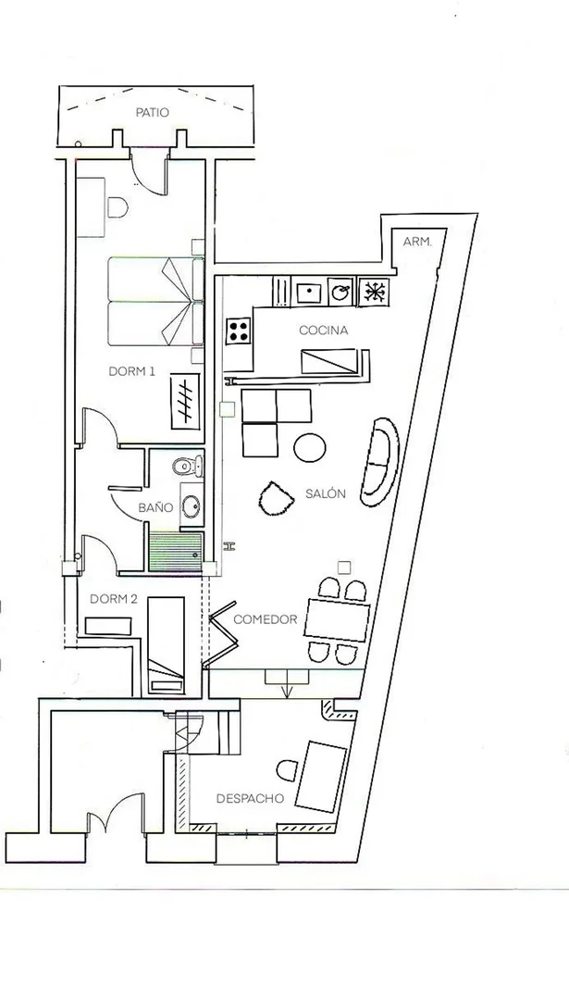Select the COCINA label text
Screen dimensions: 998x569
[x=323, y=331]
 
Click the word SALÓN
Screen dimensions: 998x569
[x=325, y=493]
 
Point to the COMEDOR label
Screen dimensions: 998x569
[x=265, y=619]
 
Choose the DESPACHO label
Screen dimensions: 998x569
[x=250, y=798]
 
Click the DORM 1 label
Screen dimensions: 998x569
[x=131, y=371]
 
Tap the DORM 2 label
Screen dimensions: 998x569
[x=114, y=599]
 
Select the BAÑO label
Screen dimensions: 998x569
[x=155, y=507]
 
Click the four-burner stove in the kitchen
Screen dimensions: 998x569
[x=239, y=331]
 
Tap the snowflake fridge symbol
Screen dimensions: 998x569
[x=375, y=292]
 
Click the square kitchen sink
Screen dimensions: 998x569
[x=307, y=293]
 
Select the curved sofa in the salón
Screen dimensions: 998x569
[x=381, y=460]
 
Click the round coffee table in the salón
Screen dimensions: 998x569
[x=310, y=448]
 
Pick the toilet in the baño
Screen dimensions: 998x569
[x=189, y=463]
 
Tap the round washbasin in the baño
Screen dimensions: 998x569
[x=192, y=506]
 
